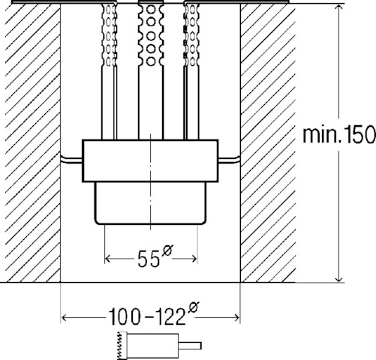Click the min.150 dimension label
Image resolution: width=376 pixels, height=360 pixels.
point(339,135)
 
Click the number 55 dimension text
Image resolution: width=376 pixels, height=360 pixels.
point(149,259)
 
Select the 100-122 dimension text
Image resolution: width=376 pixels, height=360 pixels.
point(147,316)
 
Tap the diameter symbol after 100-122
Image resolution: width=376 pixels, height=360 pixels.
point(194,307)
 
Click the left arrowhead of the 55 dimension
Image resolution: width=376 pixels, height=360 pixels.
point(107,259)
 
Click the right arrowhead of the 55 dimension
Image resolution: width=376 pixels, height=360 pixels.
point(194,259)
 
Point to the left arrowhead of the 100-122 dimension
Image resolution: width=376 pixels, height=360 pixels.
point(64,318)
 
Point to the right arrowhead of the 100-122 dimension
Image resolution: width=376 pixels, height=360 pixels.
point(236,318)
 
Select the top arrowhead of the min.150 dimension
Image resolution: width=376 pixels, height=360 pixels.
point(339,7)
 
